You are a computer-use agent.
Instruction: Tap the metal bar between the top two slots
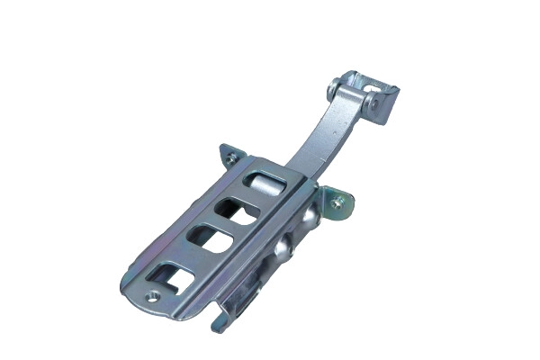click(x=252, y=200)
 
